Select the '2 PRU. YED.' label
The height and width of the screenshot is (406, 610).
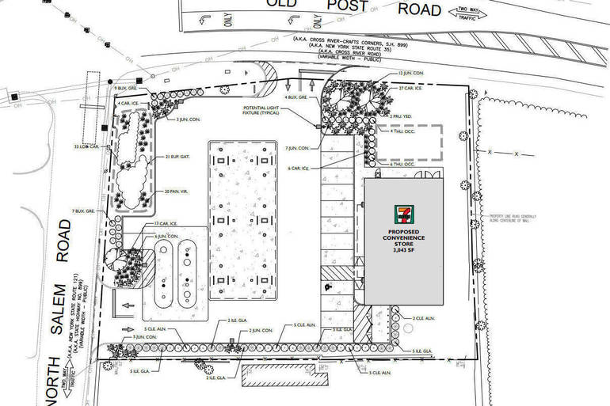403,116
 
